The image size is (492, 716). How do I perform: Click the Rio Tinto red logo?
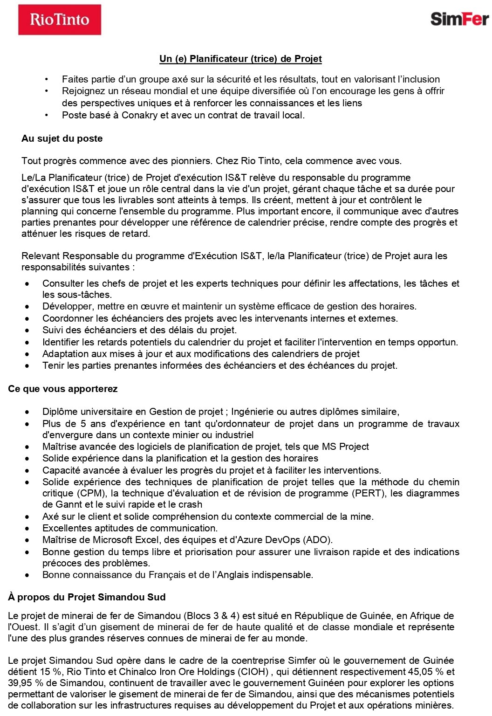click(x=60, y=20)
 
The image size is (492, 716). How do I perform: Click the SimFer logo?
click(x=459, y=19)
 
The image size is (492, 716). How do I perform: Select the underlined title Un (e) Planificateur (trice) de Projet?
click(x=240, y=59)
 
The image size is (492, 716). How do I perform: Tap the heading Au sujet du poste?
click(x=62, y=138)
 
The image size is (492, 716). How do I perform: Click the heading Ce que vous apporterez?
click(x=62, y=389)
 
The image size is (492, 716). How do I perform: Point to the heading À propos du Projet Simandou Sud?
click(x=87, y=597)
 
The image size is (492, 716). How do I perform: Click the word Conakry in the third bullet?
click(x=139, y=115)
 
